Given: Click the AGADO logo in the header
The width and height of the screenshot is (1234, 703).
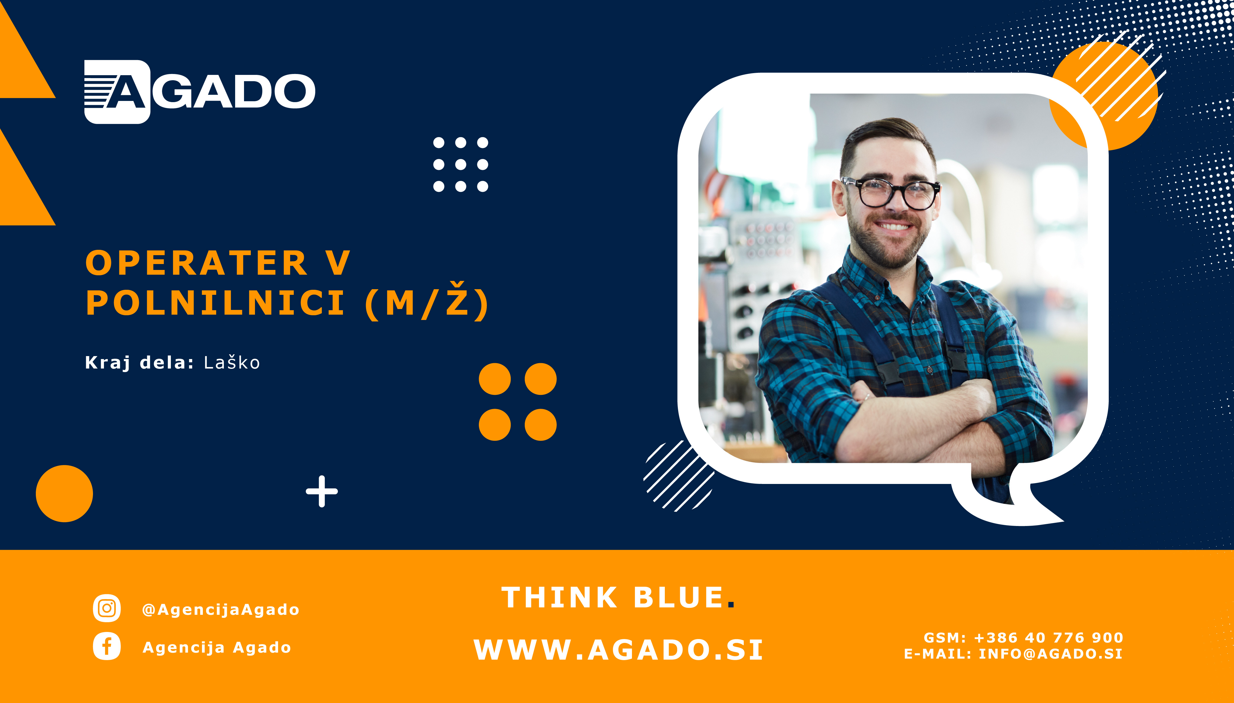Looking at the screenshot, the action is click(200, 92).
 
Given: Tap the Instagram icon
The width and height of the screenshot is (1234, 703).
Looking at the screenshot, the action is click(107, 608).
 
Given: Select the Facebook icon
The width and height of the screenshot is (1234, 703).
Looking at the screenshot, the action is click(107, 646).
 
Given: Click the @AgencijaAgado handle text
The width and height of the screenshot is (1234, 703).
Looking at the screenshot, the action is click(221, 609).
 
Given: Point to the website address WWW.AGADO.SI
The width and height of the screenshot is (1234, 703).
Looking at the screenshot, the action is click(618, 649).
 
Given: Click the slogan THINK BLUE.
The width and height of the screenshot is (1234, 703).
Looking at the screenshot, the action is click(618, 597).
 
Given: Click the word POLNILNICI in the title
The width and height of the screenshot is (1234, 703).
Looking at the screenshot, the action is click(215, 303).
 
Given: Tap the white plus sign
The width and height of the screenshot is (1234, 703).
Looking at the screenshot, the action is click(322, 492).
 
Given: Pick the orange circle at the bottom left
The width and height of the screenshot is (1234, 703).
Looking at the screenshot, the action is click(64, 493).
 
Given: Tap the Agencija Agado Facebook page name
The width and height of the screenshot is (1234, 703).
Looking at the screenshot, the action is click(217, 647).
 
